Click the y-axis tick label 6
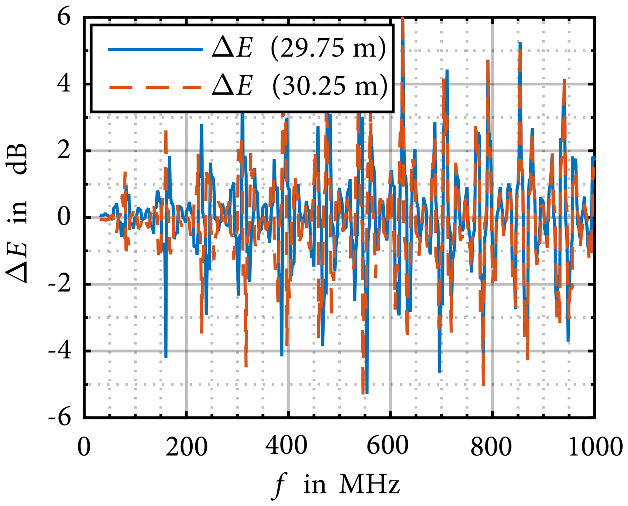(x=64, y=17)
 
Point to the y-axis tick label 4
(x=64, y=84)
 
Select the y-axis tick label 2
(x=64, y=151)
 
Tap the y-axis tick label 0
(x=64, y=218)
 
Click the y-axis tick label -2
(x=60, y=285)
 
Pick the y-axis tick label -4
(x=60, y=351)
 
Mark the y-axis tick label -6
(x=60, y=418)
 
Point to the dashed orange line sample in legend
(x=155, y=87)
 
